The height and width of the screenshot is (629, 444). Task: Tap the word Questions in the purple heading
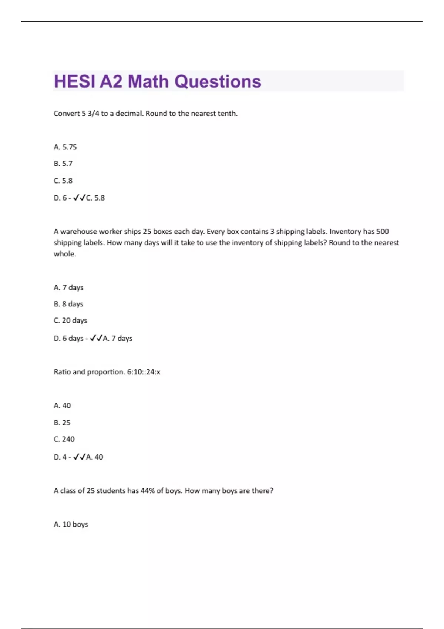tap(218, 81)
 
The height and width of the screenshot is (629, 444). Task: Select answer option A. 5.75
tap(65, 147)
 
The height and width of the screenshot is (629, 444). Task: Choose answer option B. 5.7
tap(63, 164)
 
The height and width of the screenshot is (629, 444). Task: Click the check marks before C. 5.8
tap(80, 198)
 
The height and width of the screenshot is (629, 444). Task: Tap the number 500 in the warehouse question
tap(382, 232)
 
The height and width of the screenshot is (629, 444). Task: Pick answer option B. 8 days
tap(68, 304)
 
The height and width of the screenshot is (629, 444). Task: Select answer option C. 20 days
tap(70, 320)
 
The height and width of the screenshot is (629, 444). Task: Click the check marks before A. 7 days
tap(96, 338)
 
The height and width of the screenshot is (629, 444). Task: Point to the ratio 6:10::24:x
tap(144, 372)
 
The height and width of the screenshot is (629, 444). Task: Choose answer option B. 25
tap(62, 423)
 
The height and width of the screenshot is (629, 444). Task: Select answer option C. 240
tap(64, 439)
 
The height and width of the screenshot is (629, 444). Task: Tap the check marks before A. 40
tap(80, 457)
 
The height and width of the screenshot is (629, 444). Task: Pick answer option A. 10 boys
tap(71, 524)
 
